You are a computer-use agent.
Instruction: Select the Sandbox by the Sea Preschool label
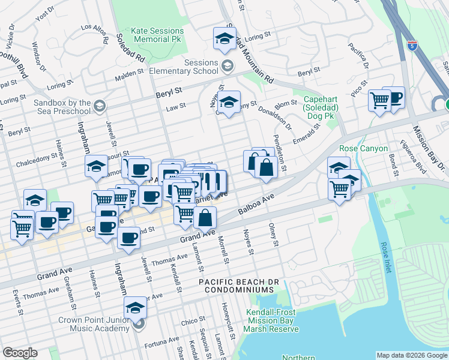point(54,107)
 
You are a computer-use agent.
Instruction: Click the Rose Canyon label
point(364,148)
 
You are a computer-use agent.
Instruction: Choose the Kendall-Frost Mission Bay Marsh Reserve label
point(272,320)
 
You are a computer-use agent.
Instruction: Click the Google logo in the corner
point(20,353)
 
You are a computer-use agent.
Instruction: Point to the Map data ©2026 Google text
point(411,355)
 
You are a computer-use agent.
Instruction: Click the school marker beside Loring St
point(224,38)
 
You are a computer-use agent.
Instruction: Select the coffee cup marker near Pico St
point(393,97)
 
